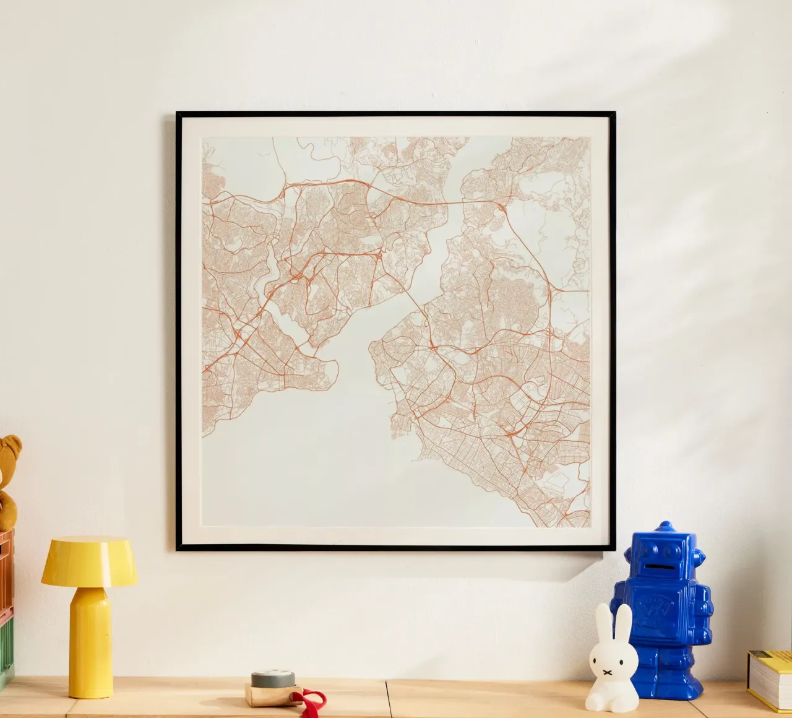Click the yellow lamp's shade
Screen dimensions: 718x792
point(89,561)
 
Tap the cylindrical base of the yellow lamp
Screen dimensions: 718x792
point(91,644)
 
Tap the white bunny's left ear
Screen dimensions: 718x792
point(600,622)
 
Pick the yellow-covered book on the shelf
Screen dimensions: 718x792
point(771,677)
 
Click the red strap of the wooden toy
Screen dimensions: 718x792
point(312,701)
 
